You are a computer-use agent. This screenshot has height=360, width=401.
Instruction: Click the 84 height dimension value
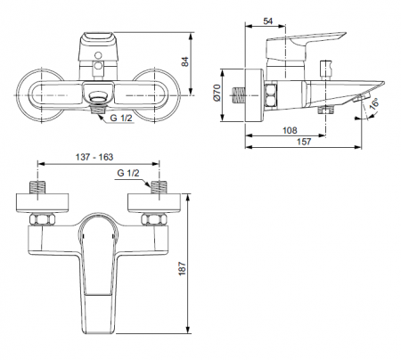pyautogui.click(x=185, y=61)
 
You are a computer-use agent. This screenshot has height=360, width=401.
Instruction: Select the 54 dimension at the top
pyautogui.click(x=268, y=21)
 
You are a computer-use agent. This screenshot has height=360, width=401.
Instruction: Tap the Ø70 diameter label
pyautogui.click(x=217, y=93)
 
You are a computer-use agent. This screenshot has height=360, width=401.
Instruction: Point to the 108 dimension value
pyautogui.click(x=290, y=130)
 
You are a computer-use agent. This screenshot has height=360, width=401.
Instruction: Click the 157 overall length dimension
pyautogui.click(x=304, y=142)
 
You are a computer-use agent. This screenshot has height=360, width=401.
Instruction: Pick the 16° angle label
pyautogui.click(x=375, y=104)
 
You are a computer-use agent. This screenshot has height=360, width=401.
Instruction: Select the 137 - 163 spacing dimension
pyautogui.click(x=94, y=157)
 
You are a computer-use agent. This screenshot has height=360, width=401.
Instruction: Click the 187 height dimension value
pyautogui.click(x=182, y=269)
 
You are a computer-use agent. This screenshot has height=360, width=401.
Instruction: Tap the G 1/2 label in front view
pyautogui.click(x=121, y=118)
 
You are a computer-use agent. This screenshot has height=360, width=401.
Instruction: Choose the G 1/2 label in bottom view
pyautogui.click(x=128, y=173)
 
